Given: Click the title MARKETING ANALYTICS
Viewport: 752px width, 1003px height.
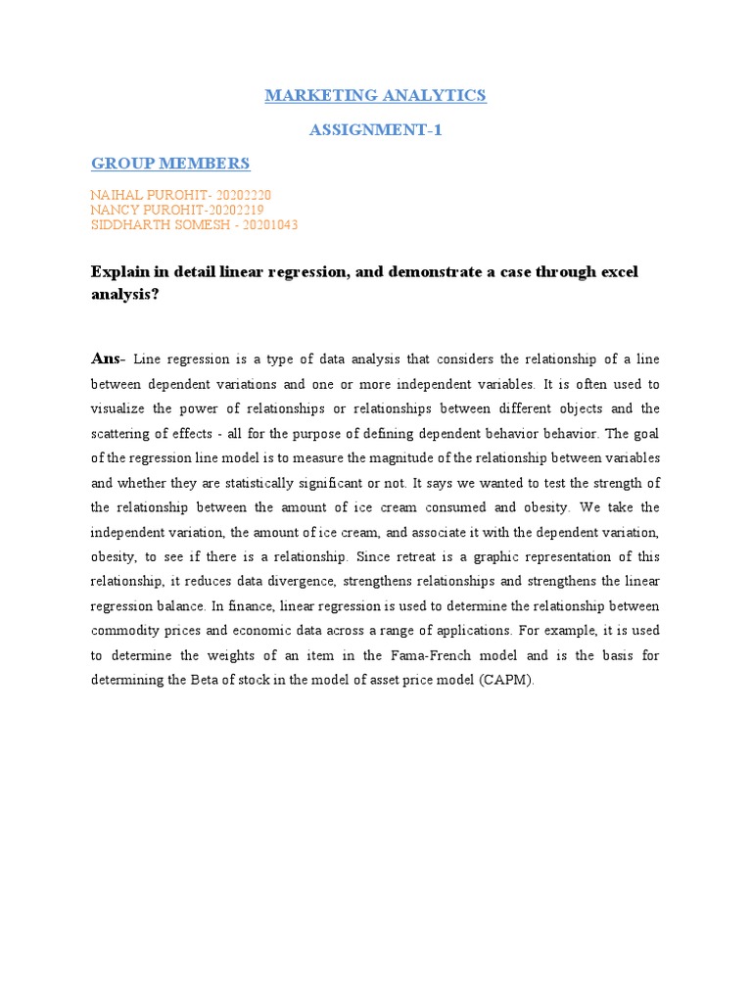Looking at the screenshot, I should (376, 95).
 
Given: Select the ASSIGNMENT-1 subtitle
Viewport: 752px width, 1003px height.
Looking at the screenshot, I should (376, 129).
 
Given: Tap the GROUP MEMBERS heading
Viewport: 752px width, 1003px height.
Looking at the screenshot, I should (170, 163).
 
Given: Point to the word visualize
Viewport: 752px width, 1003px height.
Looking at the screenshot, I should (121, 408).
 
